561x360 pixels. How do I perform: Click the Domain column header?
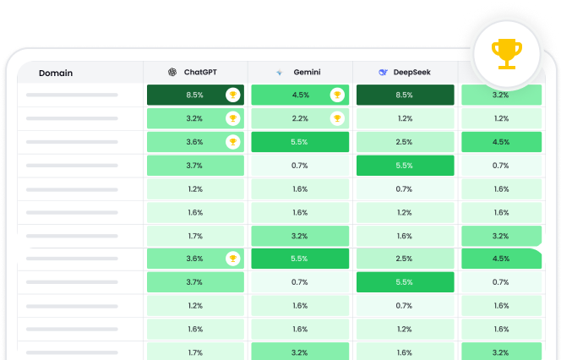56,73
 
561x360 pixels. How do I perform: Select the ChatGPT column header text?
200,73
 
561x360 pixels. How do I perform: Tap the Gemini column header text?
306,73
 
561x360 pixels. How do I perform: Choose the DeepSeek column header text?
411,73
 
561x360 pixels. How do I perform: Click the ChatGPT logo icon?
172,73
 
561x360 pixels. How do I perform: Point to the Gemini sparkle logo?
279,73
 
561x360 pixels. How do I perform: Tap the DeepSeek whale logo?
383,73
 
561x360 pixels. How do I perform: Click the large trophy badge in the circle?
505,52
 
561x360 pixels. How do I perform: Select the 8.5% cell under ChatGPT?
195,95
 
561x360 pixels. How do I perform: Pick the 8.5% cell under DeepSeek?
405,95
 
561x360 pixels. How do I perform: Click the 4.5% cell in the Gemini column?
300,95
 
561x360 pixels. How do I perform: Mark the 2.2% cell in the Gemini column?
300,118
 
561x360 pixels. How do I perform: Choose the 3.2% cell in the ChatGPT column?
195,118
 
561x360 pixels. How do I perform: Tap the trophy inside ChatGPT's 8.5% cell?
232,95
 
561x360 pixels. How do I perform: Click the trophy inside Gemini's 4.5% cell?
337,95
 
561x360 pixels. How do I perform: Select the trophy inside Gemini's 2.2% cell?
337,118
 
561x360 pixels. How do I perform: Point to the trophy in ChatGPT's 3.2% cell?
232,118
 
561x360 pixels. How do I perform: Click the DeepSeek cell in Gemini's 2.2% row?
405,118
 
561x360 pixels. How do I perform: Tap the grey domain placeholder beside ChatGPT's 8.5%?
72,95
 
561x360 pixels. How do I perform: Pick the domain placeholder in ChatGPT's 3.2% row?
72,118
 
